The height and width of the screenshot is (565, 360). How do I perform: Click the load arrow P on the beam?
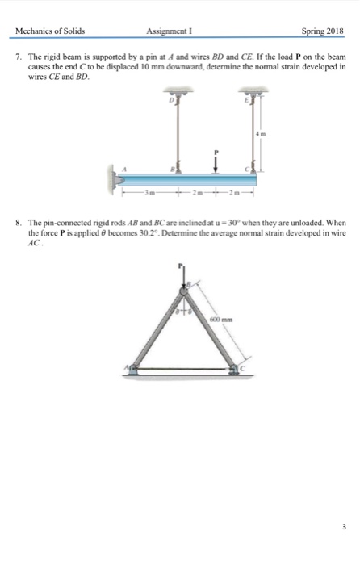216,160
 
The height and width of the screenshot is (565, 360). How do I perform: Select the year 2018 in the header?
331,33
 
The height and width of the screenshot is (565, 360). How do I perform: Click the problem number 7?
18,61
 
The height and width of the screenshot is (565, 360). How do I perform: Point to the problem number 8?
18,221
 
